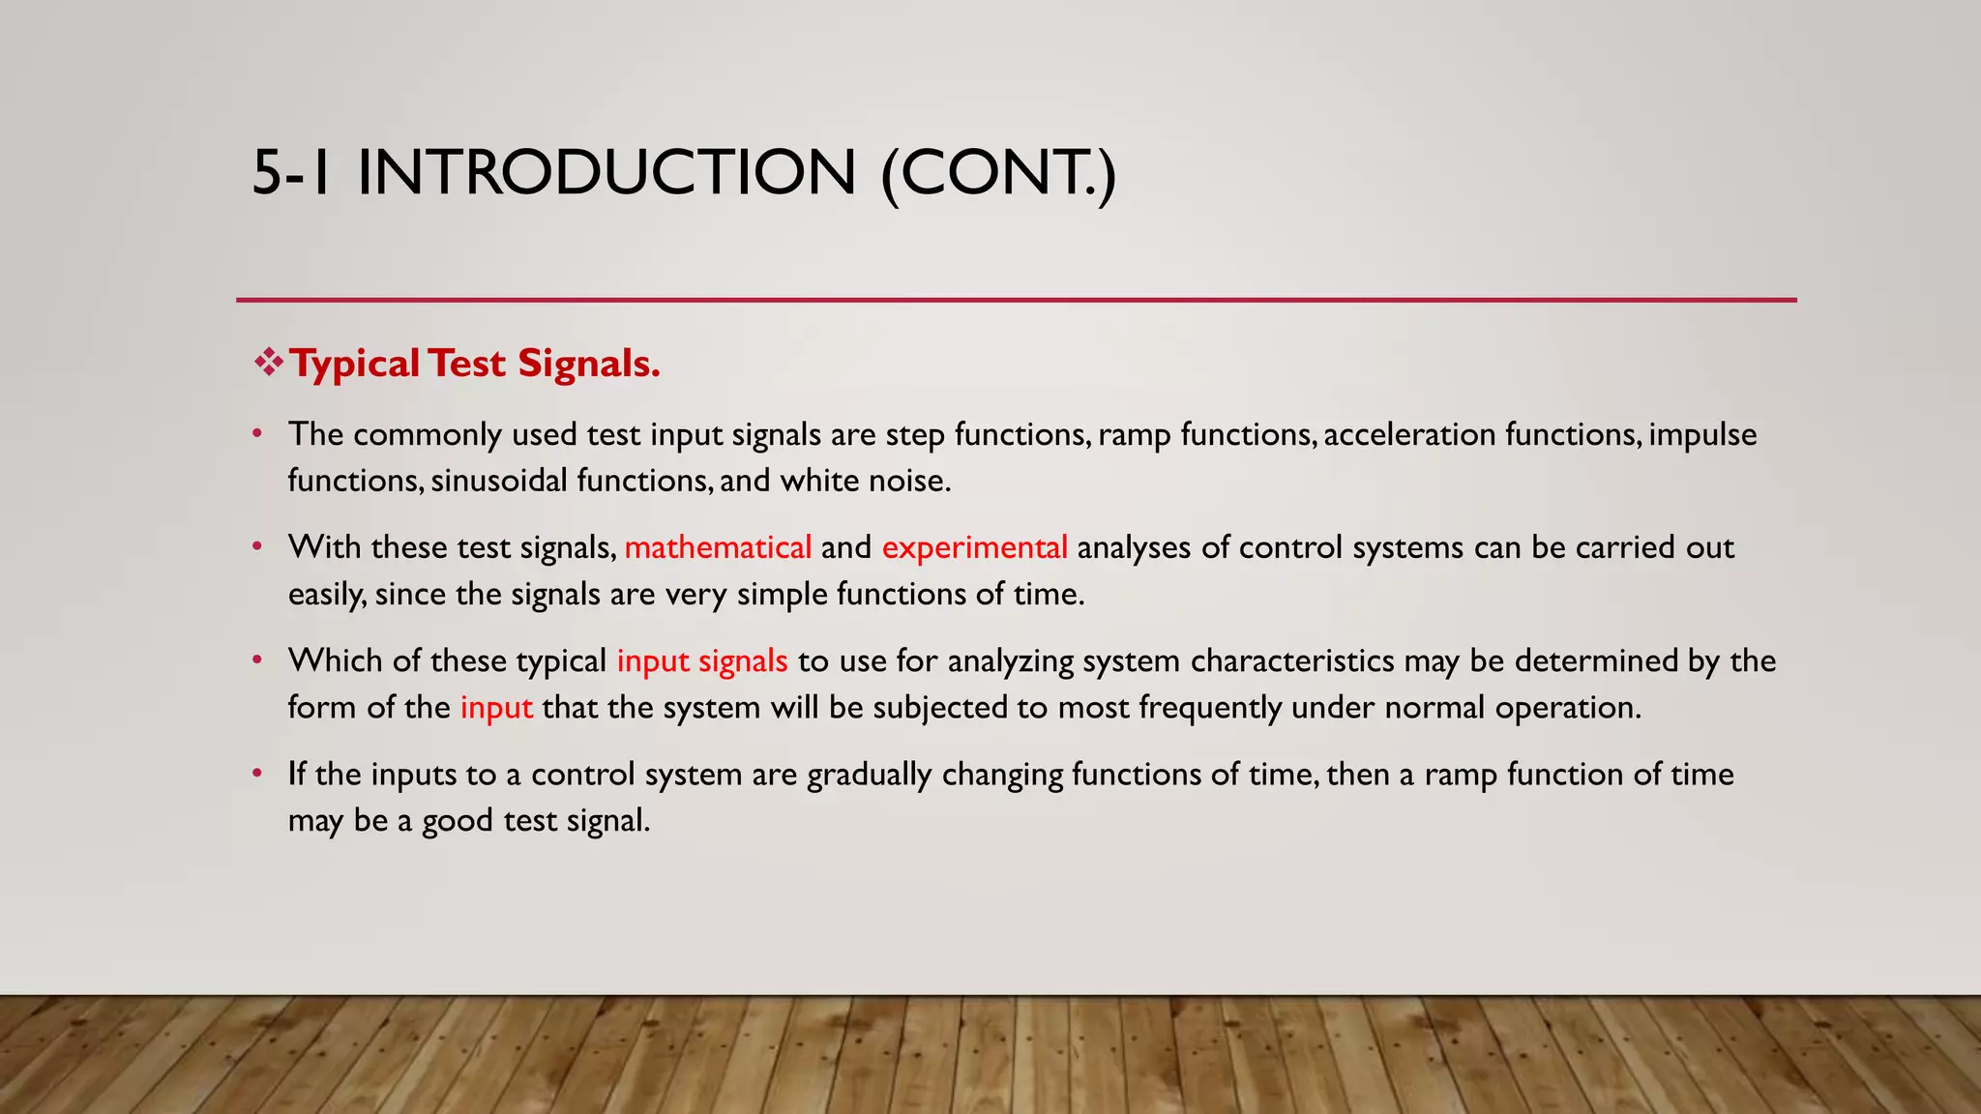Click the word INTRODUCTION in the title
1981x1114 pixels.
pyautogui.click(x=606, y=173)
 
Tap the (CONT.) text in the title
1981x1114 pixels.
pyautogui.click(x=998, y=173)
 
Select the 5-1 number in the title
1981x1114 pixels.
pyautogui.click(x=291, y=173)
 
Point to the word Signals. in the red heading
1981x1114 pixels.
pyautogui.click(x=588, y=364)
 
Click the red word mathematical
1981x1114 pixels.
pyautogui.click(x=718, y=547)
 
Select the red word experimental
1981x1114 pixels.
pyautogui.click(x=974, y=547)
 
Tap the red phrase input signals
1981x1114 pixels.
pyautogui.click(x=702, y=660)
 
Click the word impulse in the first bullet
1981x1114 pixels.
pyautogui.click(x=1702, y=434)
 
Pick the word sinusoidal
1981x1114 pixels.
pyautogui.click(x=499, y=481)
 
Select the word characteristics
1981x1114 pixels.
pyautogui.click(x=1292, y=660)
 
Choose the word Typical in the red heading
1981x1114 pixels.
pyautogui.click(x=355, y=364)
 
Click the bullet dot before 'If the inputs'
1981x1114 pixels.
pyautogui.click(x=257, y=773)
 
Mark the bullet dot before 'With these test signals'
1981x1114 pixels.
pyautogui.click(x=257, y=546)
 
